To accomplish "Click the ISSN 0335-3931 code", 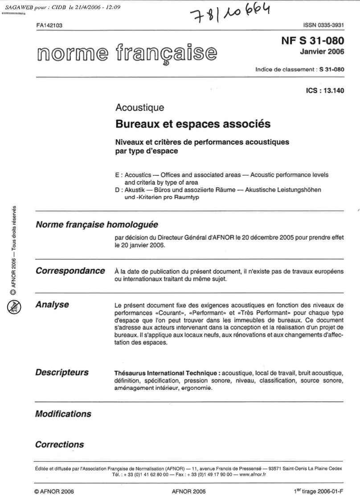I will tap(322, 26).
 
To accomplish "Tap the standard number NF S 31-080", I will tap(312, 41).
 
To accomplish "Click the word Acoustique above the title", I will tap(139, 107).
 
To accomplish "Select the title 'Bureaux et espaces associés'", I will tap(192, 123).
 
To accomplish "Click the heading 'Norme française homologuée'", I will tap(97, 225).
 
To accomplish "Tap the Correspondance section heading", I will tap(70, 271).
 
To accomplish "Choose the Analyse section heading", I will tap(52, 305).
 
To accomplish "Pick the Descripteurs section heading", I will tap(62, 373).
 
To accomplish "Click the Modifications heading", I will tap(63, 414).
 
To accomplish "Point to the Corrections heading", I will tap(59, 444).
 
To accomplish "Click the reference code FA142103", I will tap(49, 26).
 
